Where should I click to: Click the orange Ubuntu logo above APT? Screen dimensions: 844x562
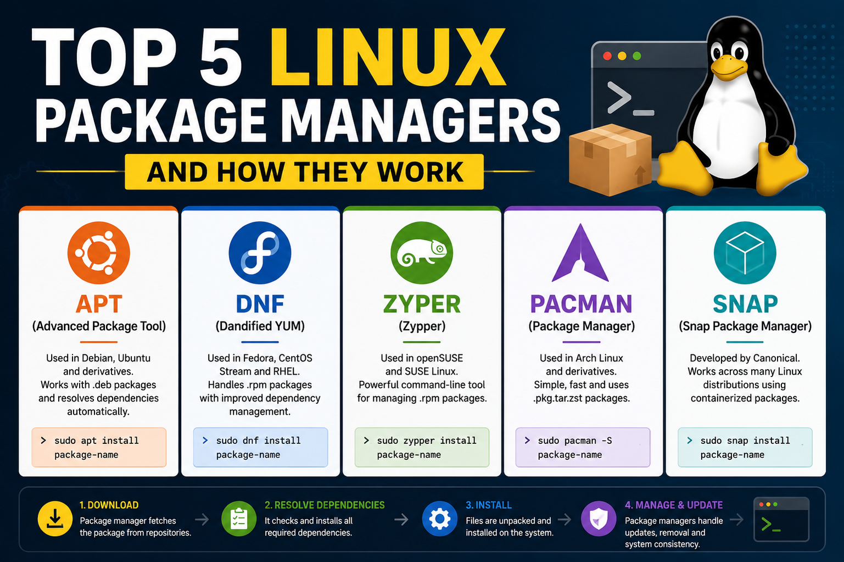(x=99, y=253)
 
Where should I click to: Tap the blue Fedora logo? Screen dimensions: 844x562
(x=260, y=253)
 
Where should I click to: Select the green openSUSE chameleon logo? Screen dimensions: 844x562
(x=422, y=253)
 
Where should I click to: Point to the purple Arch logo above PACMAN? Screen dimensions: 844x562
(x=580, y=253)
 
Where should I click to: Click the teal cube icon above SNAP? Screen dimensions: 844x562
(x=745, y=253)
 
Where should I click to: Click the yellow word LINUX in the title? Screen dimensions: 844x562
(x=388, y=57)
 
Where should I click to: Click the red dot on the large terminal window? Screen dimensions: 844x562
(x=607, y=56)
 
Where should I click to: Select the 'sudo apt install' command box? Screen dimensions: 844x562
(x=99, y=447)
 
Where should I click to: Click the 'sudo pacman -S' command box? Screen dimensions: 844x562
(x=583, y=447)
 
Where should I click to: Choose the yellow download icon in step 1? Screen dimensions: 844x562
(x=55, y=519)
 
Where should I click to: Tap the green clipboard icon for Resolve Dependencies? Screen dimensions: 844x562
(x=239, y=519)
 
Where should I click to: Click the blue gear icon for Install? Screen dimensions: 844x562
(x=440, y=519)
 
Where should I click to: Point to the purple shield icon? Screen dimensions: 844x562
(x=599, y=519)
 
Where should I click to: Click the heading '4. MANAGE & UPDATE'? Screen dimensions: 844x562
(x=674, y=505)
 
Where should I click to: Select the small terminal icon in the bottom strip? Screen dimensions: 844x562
(x=781, y=519)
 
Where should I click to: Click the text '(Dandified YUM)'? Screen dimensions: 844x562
(x=260, y=326)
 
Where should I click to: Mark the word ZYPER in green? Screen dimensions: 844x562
(x=422, y=304)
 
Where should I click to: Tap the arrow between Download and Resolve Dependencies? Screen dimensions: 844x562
(x=202, y=519)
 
